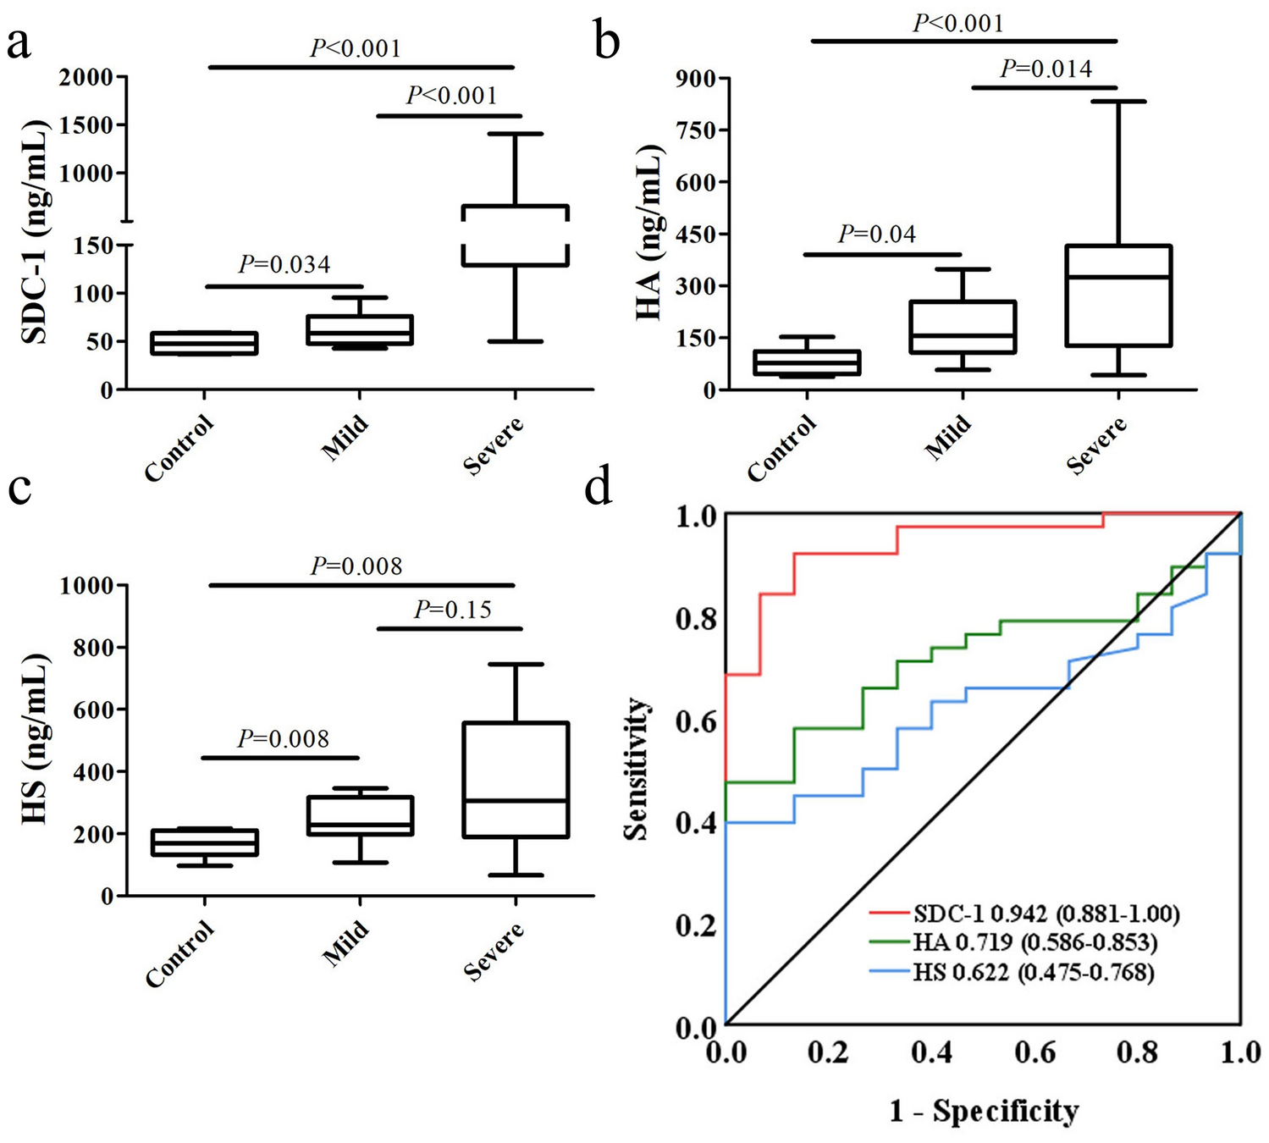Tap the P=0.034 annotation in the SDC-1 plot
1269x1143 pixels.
click(x=284, y=265)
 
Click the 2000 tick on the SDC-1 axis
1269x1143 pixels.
click(x=86, y=78)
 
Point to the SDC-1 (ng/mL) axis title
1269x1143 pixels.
click(x=35, y=232)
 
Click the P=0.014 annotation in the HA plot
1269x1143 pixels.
click(x=1046, y=69)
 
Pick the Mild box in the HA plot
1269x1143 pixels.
click(x=963, y=327)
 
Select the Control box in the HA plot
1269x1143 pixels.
click(x=807, y=362)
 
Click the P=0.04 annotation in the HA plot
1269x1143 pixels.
click(x=877, y=234)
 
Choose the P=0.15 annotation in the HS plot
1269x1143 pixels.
click(x=452, y=610)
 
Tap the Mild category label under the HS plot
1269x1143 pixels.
click(x=346, y=943)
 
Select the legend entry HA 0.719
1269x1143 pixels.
click(x=1035, y=942)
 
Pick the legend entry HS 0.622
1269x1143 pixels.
click(x=1033, y=972)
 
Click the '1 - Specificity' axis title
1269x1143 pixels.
click(x=984, y=1110)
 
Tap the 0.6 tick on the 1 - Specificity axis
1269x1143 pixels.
click(x=1035, y=1052)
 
